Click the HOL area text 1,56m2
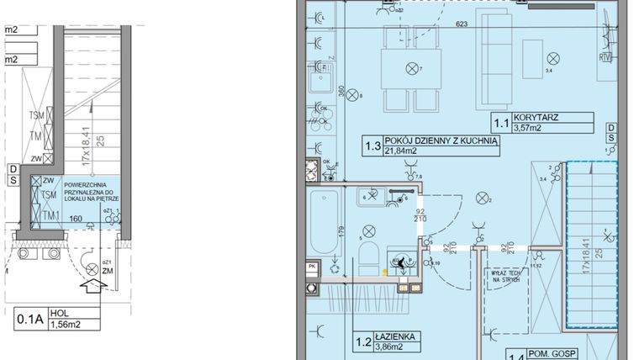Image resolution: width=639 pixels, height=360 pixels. pos(70,324)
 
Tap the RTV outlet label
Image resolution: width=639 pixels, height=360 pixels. pos(605,58)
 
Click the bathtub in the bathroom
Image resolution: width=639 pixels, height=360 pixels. pos(324,225)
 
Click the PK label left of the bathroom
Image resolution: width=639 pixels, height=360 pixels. pos(311,267)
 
